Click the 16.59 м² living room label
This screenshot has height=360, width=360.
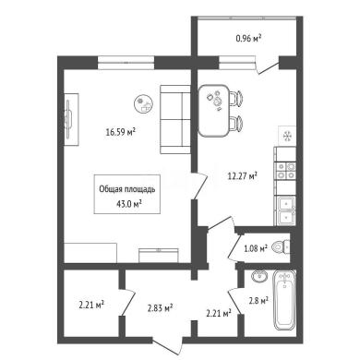pyautogui.click(x=121, y=132)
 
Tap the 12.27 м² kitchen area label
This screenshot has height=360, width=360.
pyautogui.click(x=242, y=175)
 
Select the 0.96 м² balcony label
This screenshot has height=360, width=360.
pyautogui.click(x=248, y=38)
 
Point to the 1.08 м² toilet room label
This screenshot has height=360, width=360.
pyautogui.click(x=256, y=248)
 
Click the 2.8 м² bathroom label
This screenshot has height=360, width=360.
pyautogui.click(x=258, y=301)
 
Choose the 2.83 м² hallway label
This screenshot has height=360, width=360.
pyautogui.click(x=160, y=308)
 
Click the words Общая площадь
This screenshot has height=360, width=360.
pyautogui.click(x=127, y=189)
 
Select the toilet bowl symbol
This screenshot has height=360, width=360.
pyautogui.click(x=282, y=246)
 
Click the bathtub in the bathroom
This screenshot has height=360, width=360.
pyautogui.click(x=284, y=300)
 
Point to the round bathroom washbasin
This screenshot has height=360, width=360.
pyautogui.click(x=260, y=276)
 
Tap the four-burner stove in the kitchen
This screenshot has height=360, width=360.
pyautogui.click(x=286, y=171)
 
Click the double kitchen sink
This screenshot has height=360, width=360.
pyautogui.click(x=285, y=210)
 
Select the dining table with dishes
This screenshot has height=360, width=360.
pyautogui.click(x=214, y=111)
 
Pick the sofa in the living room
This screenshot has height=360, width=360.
pyautogui.click(x=175, y=119)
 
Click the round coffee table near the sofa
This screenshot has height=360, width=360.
pyautogui.click(x=143, y=103)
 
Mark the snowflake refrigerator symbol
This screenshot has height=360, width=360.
pyautogui.click(x=287, y=136)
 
